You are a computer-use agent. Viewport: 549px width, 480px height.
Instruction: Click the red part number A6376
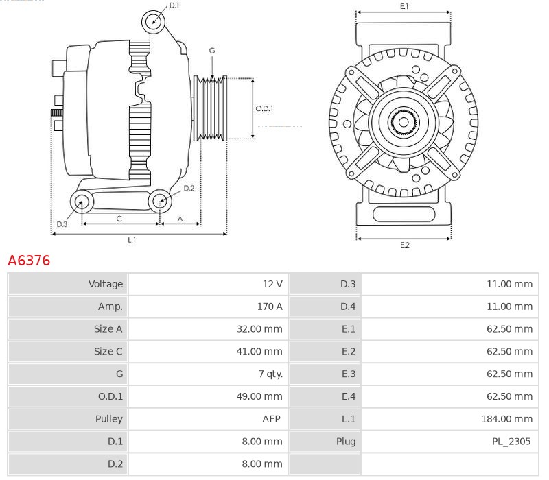[x=29, y=261]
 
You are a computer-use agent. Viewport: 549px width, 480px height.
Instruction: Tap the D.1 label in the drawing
[x=174, y=5]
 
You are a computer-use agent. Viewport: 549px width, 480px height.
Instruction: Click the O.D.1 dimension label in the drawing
[x=264, y=108]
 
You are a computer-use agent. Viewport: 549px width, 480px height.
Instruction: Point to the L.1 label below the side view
[x=132, y=240]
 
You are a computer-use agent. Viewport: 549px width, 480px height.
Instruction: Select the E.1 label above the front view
[x=404, y=6]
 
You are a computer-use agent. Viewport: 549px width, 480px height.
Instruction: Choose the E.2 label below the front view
[x=404, y=245]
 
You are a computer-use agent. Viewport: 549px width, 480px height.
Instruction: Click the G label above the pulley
[x=212, y=51]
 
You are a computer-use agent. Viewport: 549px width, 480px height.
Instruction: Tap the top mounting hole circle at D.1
[x=154, y=22]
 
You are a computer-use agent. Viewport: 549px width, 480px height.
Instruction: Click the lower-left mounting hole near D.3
[x=82, y=202]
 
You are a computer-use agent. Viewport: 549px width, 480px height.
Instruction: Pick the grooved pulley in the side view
[x=212, y=108]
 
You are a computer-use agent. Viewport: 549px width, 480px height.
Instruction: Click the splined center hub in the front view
[x=404, y=123]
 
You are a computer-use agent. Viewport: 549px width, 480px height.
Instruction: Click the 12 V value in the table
[x=272, y=284]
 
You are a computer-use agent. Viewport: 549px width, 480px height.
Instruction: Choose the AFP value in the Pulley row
[x=272, y=418]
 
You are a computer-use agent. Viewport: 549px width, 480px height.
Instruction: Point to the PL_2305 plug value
[x=511, y=441]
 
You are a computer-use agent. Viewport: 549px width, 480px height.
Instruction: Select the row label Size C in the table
[x=108, y=351]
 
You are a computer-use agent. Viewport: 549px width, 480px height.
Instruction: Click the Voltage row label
[x=106, y=284]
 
